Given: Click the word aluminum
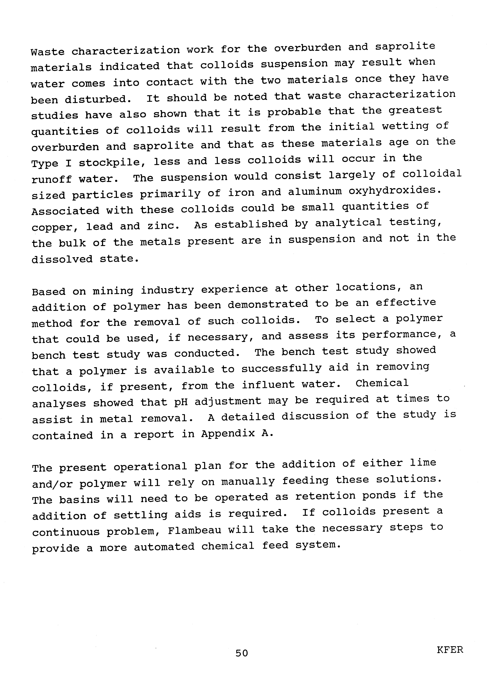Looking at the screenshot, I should pos(314,192).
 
